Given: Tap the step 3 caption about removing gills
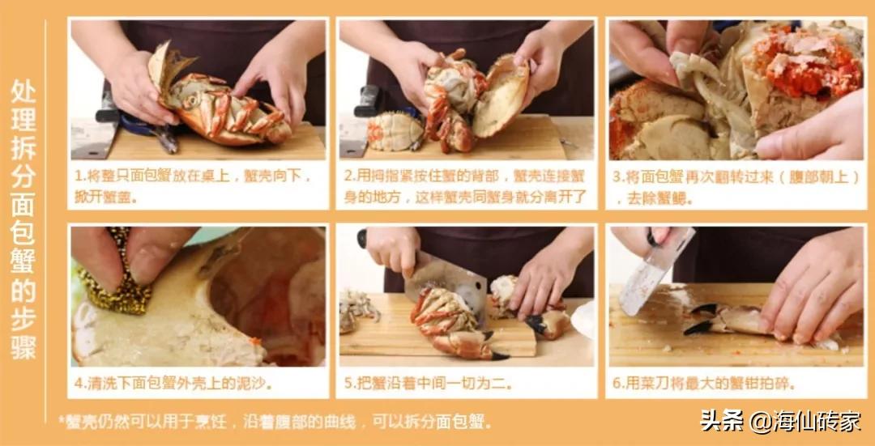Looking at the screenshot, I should tap(734, 185).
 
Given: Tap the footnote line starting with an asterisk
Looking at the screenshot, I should tap(275, 422).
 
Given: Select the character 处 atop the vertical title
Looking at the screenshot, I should tap(24, 90).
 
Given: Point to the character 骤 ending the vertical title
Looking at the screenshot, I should tap(24, 349).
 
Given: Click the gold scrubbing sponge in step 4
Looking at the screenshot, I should tap(122, 275).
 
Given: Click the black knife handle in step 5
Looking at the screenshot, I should tap(362, 238).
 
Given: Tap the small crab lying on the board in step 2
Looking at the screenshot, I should tap(395, 131).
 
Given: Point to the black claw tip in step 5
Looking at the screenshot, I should tap(496, 354).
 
